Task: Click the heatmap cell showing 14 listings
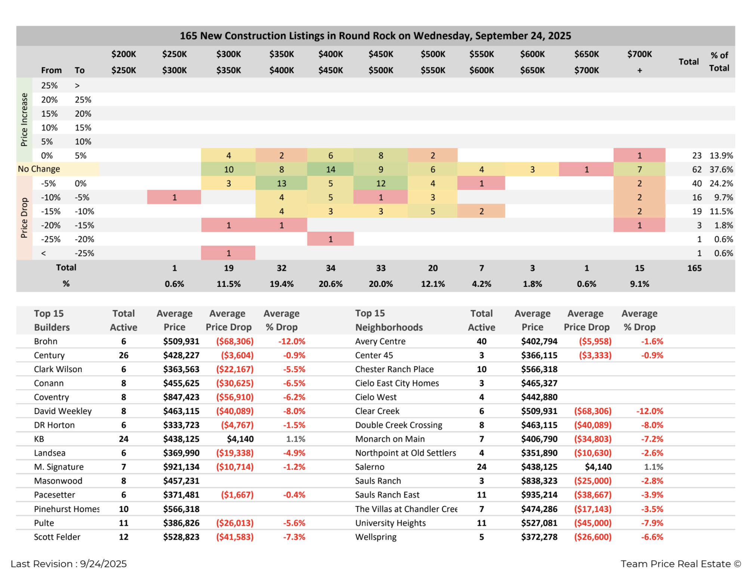click(x=330, y=169)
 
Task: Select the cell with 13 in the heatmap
click(x=281, y=183)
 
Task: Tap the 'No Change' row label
click(x=39, y=169)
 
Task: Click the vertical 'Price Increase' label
click(x=24, y=120)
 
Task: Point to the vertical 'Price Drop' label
click(x=24, y=218)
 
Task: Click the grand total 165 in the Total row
click(x=694, y=268)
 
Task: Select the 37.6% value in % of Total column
click(x=721, y=169)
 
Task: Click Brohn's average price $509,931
click(x=181, y=341)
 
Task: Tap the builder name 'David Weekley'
click(x=63, y=411)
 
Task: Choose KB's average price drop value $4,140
click(x=240, y=439)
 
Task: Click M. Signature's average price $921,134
click(x=181, y=467)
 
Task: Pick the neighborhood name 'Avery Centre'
click(x=380, y=341)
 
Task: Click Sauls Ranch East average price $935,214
click(x=539, y=495)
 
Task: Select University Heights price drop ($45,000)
click(x=593, y=523)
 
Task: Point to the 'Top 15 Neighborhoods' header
click(x=389, y=321)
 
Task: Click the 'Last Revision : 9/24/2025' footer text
click(x=69, y=564)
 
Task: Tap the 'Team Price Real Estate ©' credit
click(x=680, y=564)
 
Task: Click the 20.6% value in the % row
click(x=330, y=284)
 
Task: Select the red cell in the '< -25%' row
click(x=228, y=253)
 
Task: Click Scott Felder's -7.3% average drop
click(x=294, y=537)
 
